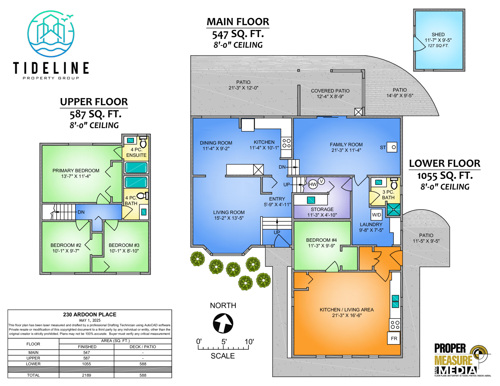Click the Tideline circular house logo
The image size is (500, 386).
click(51, 33)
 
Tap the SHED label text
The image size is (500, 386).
click(438, 34)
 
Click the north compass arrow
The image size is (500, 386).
click(223, 323)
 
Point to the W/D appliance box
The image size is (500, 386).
click(377, 215)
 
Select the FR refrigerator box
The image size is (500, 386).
click(394, 338)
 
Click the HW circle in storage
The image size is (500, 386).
click(313, 184)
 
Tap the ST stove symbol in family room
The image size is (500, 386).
click(392, 147)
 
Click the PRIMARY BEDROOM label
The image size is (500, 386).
click(76, 171)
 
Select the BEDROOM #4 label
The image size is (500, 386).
click(321, 240)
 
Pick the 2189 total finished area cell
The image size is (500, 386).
click(87, 375)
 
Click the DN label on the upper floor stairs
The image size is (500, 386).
click(81, 212)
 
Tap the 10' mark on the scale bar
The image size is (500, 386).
click(249, 342)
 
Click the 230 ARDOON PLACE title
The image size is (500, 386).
click(90, 314)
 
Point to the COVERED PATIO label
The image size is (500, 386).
click(330, 91)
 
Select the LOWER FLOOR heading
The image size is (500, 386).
click(445, 163)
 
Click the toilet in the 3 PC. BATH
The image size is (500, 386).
click(394, 183)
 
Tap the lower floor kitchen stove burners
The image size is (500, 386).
click(395, 324)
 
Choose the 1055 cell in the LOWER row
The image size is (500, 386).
click(87, 364)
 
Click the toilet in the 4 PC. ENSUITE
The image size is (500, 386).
click(143, 142)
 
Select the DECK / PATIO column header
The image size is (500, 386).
click(143, 347)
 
